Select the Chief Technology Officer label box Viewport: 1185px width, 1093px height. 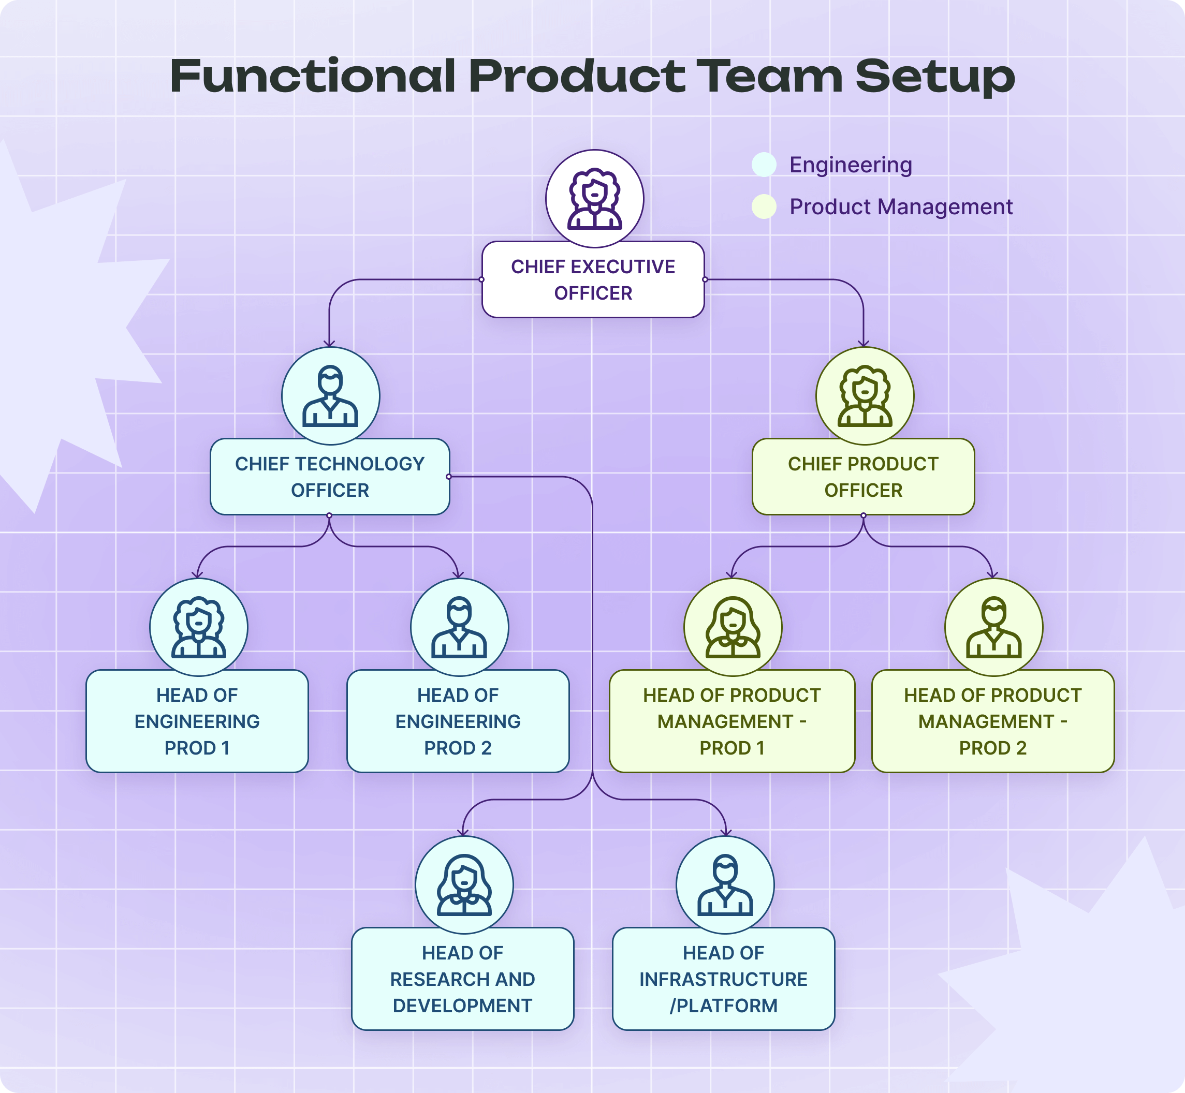[x=330, y=477]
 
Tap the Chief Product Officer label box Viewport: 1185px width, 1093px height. [x=863, y=477]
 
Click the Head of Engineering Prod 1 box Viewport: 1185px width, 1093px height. [x=197, y=721]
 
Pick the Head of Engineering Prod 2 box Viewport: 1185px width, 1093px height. [x=458, y=721]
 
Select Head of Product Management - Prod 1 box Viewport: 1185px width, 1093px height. [x=732, y=721]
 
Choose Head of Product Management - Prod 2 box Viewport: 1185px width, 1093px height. [x=993, y=721]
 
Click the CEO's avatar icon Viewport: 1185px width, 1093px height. [x=594, y=199]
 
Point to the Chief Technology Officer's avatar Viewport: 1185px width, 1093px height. [x=330, y=396]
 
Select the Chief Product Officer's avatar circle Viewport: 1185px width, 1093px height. [x=865, y=396]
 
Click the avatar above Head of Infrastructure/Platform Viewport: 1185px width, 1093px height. [x=725, y=885]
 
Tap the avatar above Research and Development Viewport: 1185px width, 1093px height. [x=464, y=885]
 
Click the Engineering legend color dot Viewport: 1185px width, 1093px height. [x=764, y=165]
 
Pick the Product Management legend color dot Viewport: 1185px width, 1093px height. [x=764, y=206]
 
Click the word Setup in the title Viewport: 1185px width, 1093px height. [x=935, y=77]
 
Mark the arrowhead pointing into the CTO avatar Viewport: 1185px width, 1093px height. [x=330, y=344]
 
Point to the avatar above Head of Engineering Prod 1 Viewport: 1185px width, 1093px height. [x=198, y=627]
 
